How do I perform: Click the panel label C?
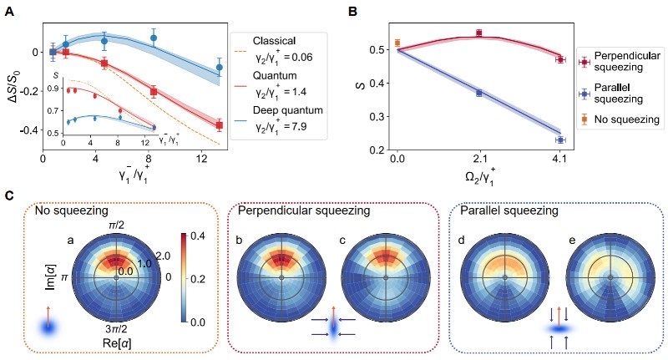point(8,195)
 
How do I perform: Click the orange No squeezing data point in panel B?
point(398,43)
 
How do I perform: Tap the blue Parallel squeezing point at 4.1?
point(559,140)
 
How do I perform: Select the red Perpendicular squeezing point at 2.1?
point(478,33)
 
